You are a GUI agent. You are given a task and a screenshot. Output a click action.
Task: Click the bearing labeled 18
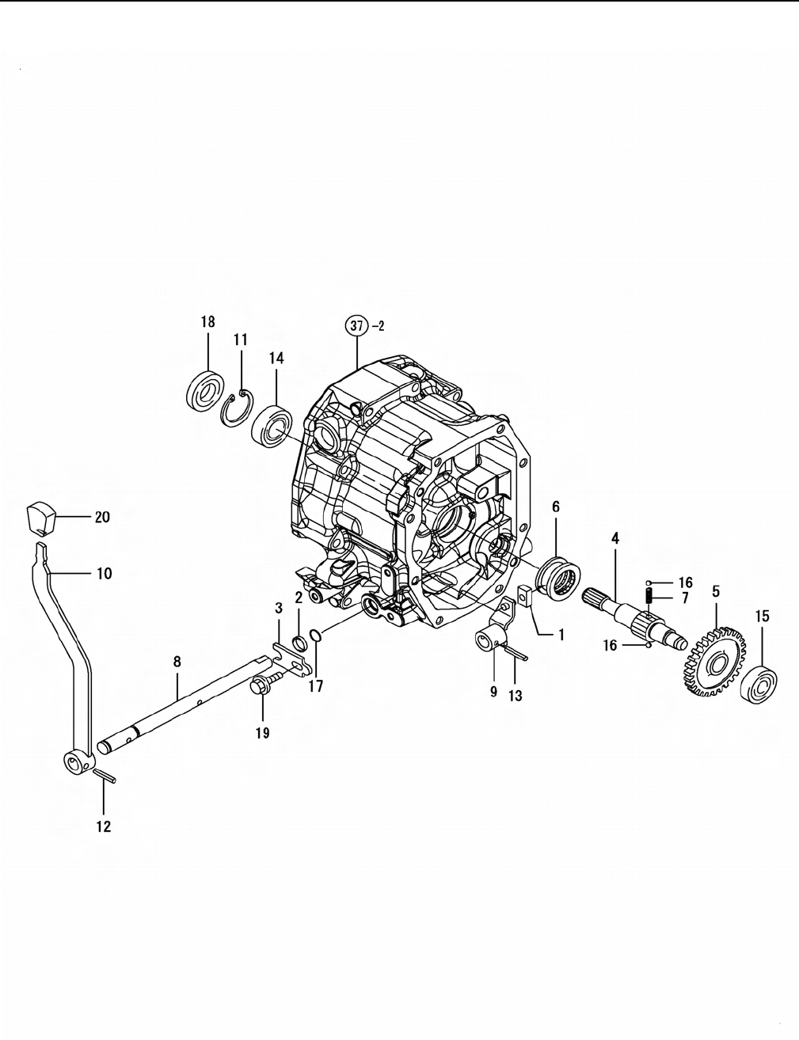(x=205, y=389)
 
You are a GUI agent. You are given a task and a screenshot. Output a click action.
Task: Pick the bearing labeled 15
(x=759, y=684)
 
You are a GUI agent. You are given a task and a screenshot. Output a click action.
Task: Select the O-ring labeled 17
(x=315, y=635)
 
